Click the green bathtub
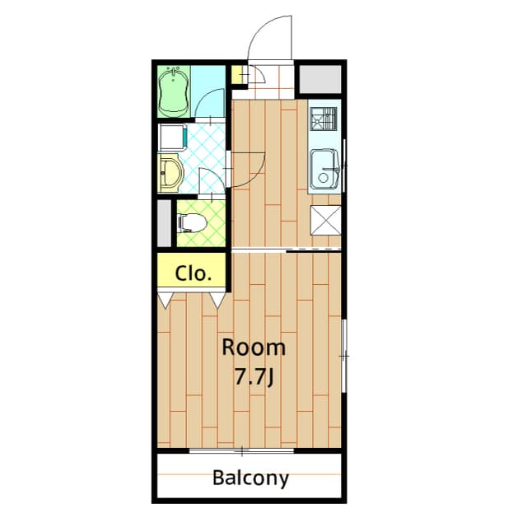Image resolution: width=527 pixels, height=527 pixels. point(174,91)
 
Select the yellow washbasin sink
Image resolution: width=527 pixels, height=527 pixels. point(171,173)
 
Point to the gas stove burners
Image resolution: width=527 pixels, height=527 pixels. point(324,119)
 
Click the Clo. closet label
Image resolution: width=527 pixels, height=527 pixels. point(194,273)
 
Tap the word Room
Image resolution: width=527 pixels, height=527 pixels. point(254,347)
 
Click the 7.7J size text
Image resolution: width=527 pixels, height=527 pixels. point(254,376)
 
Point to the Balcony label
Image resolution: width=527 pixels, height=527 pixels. point(250,478)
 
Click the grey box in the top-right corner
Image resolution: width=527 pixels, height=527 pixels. point(319,79)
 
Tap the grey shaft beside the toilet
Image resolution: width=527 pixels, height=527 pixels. point(165,222)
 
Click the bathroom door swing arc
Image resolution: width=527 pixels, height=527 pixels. point(208,105)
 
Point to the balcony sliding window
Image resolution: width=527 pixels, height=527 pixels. point(242,450)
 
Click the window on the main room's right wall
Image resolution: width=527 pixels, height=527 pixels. point(344,355)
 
